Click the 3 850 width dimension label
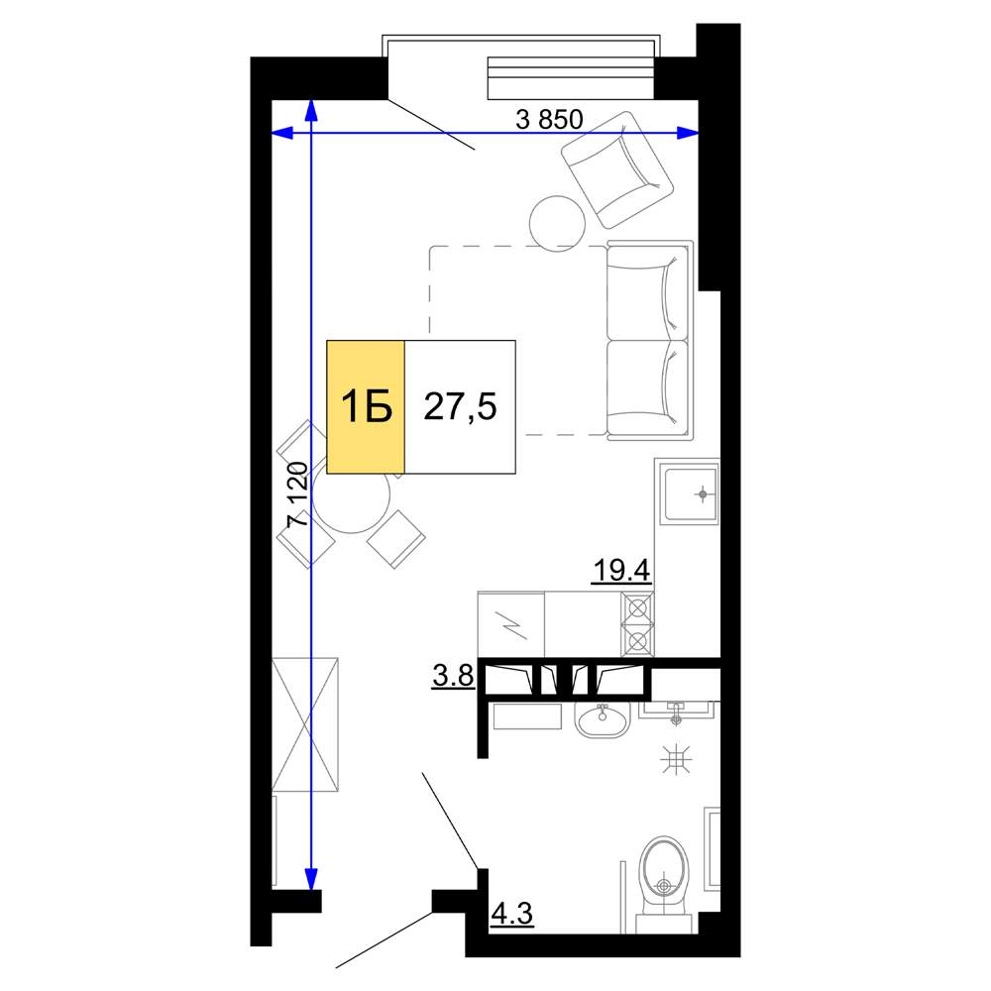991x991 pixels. [549, 119]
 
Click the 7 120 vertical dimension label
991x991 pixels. [297, 495]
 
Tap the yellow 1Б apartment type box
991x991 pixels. [366, 406]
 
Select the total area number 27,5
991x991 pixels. [460, 406]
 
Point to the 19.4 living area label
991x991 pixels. [621, 571]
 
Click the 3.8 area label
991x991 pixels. [453, 676]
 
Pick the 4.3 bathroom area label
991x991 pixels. [512, 914]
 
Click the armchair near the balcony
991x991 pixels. [616, 169]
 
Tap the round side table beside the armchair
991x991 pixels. [557, 222]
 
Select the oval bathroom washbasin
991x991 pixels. [602, 719]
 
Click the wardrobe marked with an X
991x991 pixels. [304, 724]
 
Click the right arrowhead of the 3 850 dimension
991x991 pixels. [689, 133]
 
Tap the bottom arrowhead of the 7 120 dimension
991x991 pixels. [311, 878]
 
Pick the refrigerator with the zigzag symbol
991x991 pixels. [510, 625]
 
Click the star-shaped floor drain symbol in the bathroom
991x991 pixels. [677, 758]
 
